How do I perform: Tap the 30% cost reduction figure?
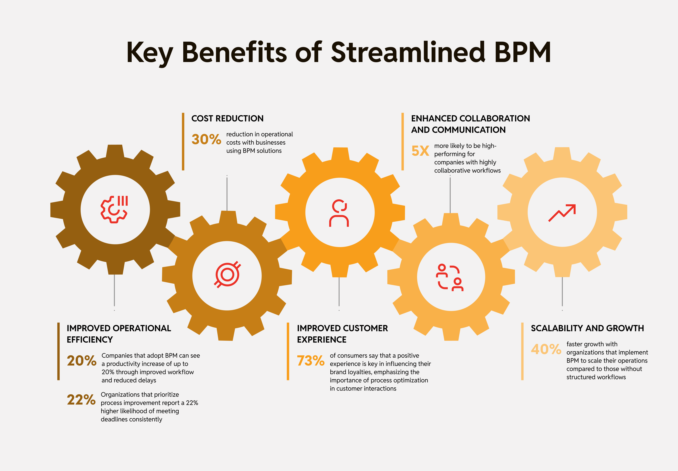click(206, 139)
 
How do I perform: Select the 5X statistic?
click(420, 151)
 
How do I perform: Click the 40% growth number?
click(546, 349)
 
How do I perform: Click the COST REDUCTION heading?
click(227, 118)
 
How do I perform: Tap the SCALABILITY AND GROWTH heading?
click(587, 328)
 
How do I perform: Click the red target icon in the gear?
click(227, 274)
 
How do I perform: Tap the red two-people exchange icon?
click(450, 277)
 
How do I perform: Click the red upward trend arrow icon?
click(562, 213)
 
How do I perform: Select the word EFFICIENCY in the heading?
click(90, 340)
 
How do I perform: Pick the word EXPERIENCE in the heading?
click(322, 340)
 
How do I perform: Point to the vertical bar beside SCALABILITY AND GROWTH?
click(522, 351)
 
